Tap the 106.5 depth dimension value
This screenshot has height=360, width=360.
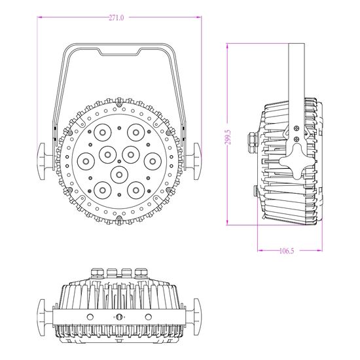(285, 249)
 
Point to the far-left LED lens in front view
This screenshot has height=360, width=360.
(85, 160)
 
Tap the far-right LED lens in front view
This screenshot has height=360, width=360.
(152, 160)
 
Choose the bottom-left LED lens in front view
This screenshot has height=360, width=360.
(102, 189)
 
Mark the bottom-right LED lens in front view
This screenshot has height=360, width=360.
(135, 189)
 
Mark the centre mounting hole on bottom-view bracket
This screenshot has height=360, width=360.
(119, 317)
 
